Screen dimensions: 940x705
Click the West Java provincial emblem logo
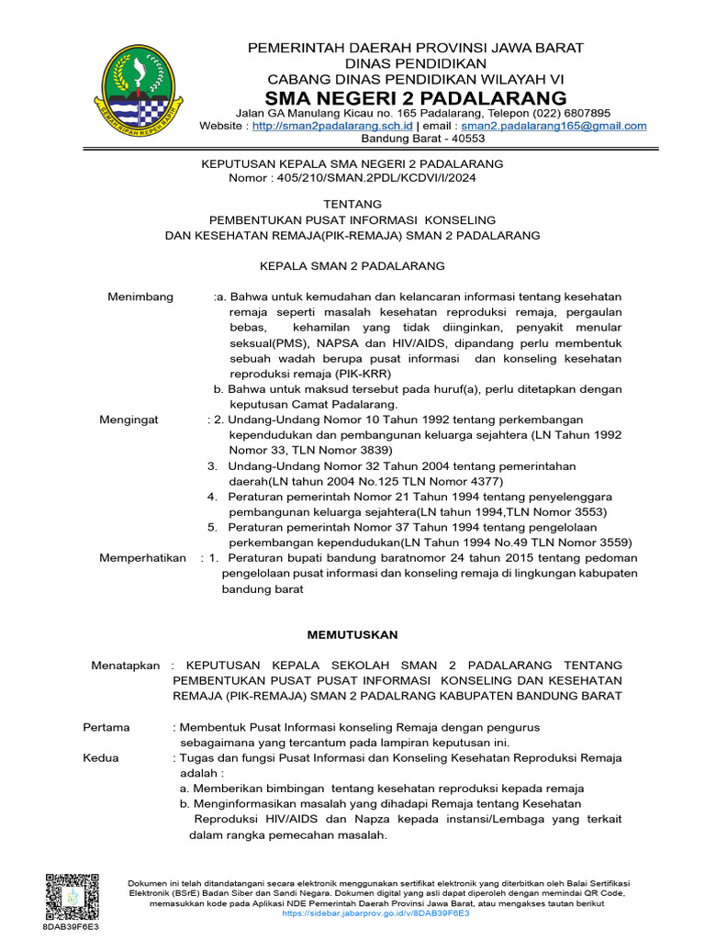pos(140,90)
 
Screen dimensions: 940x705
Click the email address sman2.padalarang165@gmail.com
pos(554,126)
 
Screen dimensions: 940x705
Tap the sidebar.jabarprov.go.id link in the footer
pos(375,913)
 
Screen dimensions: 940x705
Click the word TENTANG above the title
pos(352,204)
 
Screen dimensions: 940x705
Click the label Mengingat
pos(129,420)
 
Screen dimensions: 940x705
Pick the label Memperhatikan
pos(142,558)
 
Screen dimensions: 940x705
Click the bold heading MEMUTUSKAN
pos(352,634)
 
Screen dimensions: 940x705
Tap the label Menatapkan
pos(125,665)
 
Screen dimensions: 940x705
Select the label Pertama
pos(106,727)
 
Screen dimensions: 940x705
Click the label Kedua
pos(101,758)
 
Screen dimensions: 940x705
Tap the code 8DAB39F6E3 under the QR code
pos(71,927)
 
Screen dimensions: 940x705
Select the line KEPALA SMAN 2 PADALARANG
pos(352,265)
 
